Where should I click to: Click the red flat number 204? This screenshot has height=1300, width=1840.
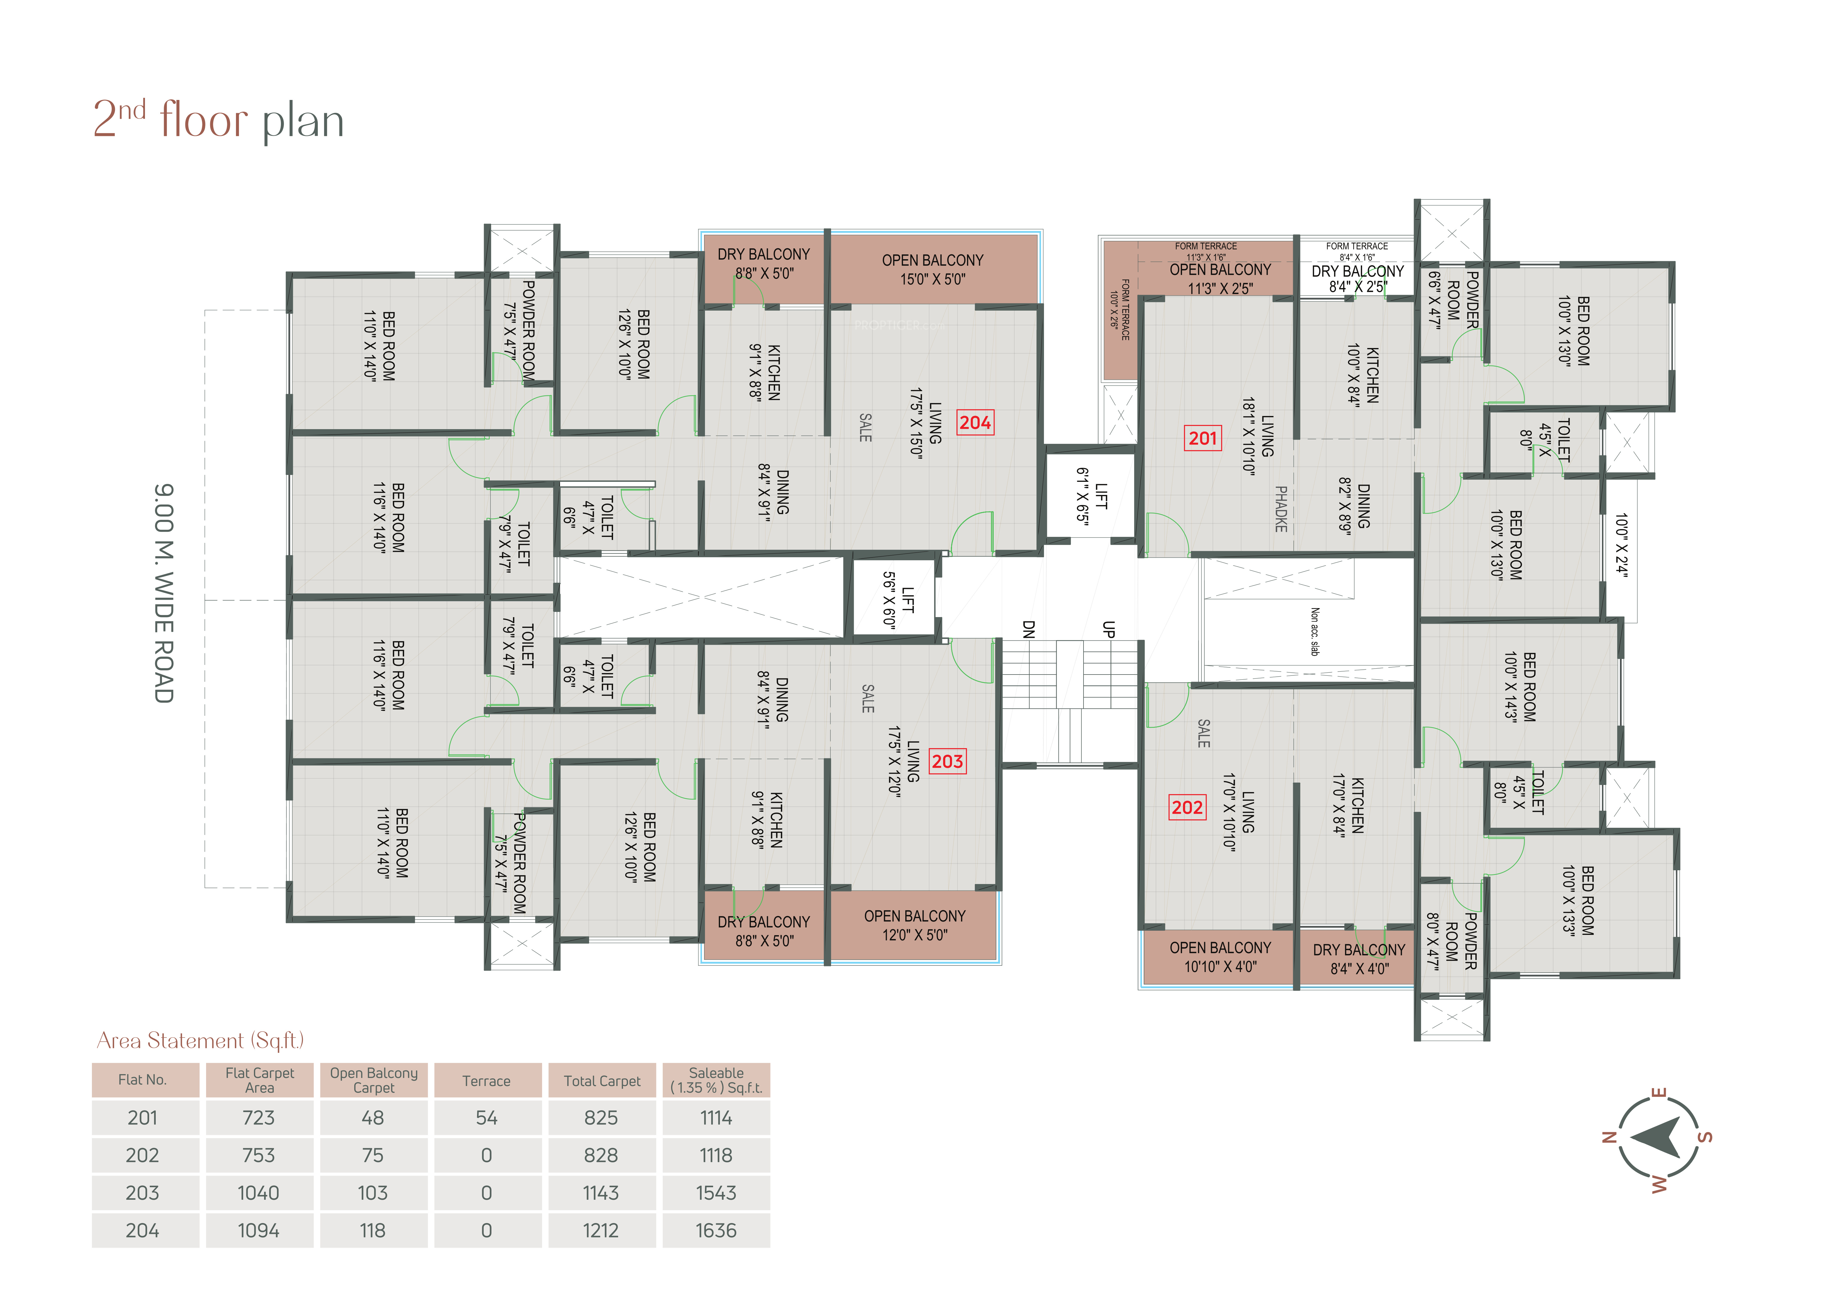[975, 423]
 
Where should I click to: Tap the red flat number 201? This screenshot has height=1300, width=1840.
[1202, 438]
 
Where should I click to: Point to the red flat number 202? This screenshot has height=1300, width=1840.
[1187, 807]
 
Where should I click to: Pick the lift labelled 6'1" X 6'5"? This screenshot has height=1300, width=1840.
[1092, 496]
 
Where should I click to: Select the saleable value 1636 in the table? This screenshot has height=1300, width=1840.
[716, 1230]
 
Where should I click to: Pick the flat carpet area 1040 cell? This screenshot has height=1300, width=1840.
[258, 1193]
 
